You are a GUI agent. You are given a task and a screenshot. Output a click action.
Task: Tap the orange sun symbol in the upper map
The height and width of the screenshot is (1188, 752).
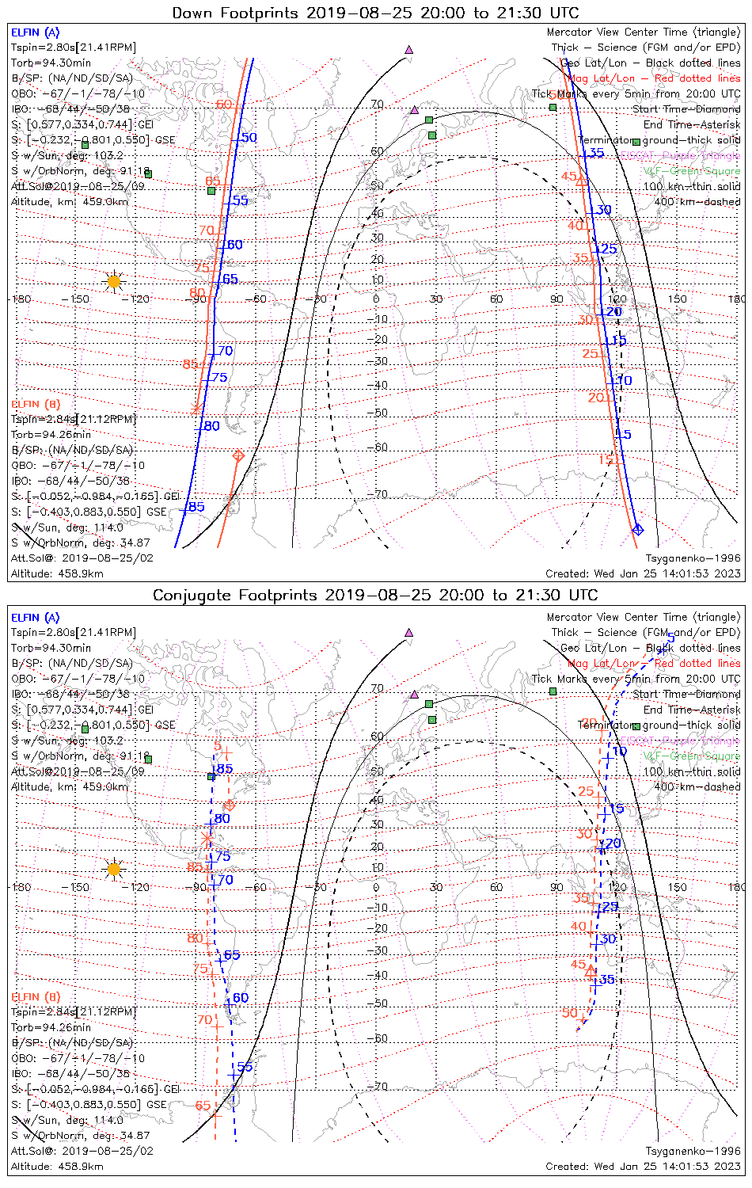tap(114, 281)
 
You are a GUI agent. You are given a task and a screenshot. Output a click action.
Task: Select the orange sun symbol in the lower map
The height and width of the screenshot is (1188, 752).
tap(114, 870)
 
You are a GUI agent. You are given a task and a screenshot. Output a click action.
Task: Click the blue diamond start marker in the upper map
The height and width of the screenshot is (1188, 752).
tap(638, 529)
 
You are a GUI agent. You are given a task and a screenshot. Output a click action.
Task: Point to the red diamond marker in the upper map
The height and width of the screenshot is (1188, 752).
tap(237, 455)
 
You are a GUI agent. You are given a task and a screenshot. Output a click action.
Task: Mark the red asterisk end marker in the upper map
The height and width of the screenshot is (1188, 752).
tap(197, 409)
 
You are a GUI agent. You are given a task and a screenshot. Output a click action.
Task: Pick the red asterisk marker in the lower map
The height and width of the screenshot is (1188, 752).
tap(207, 837)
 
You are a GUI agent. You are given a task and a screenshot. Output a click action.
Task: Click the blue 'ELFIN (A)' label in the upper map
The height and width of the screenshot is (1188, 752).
tap(35, 32)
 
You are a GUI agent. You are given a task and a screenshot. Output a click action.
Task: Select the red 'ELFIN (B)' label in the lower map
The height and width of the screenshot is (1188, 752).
tap(36, 996)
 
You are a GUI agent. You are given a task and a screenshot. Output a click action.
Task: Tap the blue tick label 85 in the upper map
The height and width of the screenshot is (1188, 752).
tap(196, 507)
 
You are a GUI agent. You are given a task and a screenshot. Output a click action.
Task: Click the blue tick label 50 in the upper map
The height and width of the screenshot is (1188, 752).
tap(249, 138)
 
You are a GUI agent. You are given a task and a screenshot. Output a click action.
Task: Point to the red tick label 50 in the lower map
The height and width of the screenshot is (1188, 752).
tap(570, 1013)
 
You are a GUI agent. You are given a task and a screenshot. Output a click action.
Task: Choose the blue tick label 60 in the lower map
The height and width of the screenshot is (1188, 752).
tap(241, 998)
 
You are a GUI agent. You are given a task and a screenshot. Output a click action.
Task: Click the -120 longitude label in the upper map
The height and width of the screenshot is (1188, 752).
tap(139, 299)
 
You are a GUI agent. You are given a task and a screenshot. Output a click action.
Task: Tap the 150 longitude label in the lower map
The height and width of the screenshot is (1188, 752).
tap(677, 887)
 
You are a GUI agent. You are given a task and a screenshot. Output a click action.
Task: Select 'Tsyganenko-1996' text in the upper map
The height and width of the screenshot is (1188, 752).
tap(693, 558)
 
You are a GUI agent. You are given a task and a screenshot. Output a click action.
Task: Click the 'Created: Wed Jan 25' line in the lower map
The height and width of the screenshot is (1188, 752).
tap(643, 1167)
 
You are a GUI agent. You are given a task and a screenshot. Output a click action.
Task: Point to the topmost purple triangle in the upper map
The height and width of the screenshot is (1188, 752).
tap(409, 49)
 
